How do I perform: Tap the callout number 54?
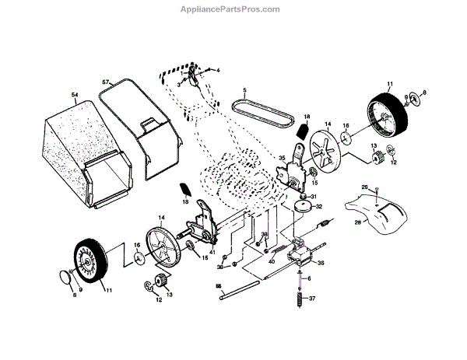[x=75, y=95]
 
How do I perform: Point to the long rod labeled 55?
[x=241, y=292]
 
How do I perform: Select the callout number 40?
[x=272, y=261]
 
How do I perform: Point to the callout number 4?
[x=219, y=70]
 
